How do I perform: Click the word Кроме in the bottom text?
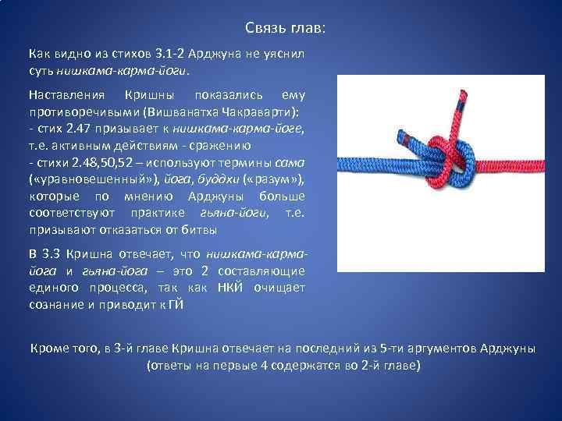[x=48, y=348]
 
